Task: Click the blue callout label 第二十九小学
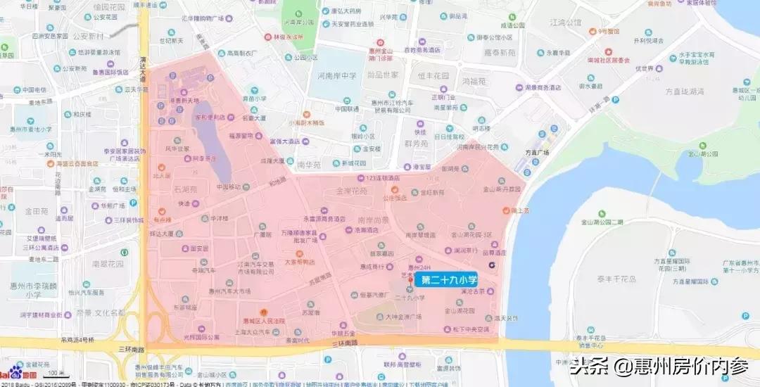[448, 280]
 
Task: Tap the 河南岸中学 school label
[336, 75]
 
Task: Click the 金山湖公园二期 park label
[597, 222]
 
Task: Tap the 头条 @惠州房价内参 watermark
[659, 367]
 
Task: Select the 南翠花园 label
[107, 264]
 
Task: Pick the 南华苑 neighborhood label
[309, 164]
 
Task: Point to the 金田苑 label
[36, 210]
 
